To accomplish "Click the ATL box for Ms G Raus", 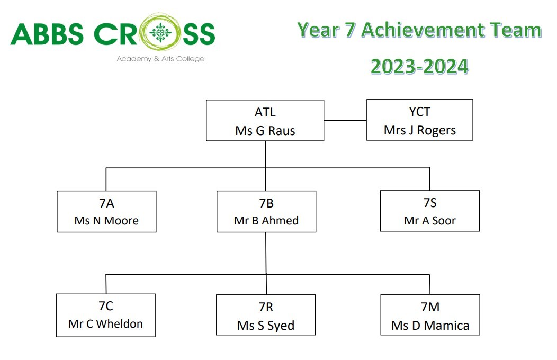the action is pyautogui.click(x=265, y=120).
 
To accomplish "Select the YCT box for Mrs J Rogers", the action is pyautogui.click(x=419, y=120).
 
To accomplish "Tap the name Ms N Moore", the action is pyautogui.click(x=106, y=220).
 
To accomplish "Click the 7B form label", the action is pyautogui.click(x=266, y=203).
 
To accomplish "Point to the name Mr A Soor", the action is pyautogui.click(x=430, y=220).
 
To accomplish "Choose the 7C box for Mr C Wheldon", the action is pyautogui.click(x=106, y=316).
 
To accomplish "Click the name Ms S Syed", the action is pyautogui.click(x=266, y=326).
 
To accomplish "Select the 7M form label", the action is pyautogui.click(x=430, y=307).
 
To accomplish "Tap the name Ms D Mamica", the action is pyautogui.click(x=430, y=325).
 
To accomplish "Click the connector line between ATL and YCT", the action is pyautogui.click(x=345, y=120).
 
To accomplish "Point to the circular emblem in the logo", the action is pyautogui.click(x=160, y=33).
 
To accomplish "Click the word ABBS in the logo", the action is pyautogui.click(x=47, y=34).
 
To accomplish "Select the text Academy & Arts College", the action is pyautogui.click(x=160, y=59).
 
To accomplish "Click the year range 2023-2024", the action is pyautogui.click(x=419, y=66).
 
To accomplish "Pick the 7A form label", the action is pyautogui.click(x=106, y=203).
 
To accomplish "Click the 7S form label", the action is pyautogui.click(x=430, y=203).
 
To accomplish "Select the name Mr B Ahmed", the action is pyautogui.click(x=266, y=220).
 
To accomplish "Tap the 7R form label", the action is pyautogui.click(x=266, y=307).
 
